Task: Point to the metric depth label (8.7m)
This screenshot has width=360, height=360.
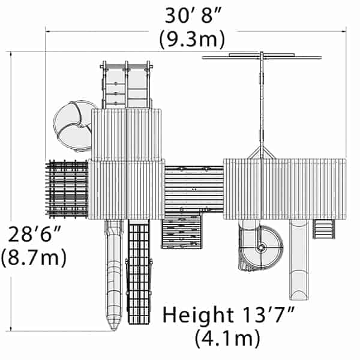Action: coord(33,259)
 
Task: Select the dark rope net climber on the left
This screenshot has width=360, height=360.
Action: coord(67,188)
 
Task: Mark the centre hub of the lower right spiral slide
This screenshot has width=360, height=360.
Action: coord(261,247)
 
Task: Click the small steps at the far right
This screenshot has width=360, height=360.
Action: coord(324,228)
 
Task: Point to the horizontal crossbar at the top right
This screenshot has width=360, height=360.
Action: coord(262,58)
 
